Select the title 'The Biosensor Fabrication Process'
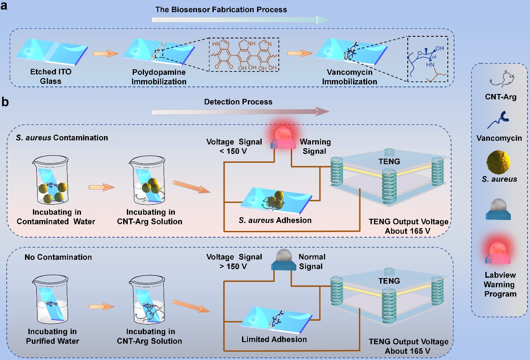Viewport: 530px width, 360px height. [x=221, y=9]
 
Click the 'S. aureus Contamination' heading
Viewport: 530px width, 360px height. [x=62, y=137]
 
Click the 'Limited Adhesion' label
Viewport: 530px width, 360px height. [x=274, y=340]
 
